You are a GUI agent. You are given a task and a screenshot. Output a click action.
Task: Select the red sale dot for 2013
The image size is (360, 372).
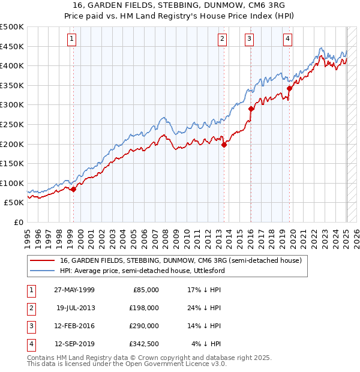coord(224,144)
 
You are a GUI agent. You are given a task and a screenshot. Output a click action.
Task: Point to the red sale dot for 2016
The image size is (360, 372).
coord(251,109)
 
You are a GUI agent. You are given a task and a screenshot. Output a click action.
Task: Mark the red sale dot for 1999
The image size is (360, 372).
coord(73,189)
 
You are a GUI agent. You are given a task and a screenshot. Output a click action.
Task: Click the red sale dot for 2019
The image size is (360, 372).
coord(289,88)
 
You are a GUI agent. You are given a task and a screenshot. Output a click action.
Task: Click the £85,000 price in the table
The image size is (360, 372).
coord(145,290)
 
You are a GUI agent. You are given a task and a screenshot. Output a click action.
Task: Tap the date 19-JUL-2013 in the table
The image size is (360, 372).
coord(76,308)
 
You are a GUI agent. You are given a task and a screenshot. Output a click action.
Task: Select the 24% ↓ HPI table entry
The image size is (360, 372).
coord(204,308)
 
